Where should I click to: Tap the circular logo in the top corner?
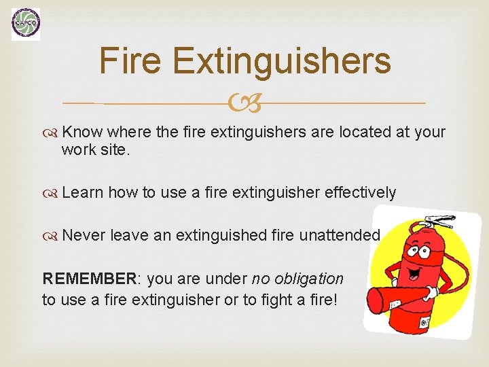26,24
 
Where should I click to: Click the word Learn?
83,192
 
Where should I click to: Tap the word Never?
84,235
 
